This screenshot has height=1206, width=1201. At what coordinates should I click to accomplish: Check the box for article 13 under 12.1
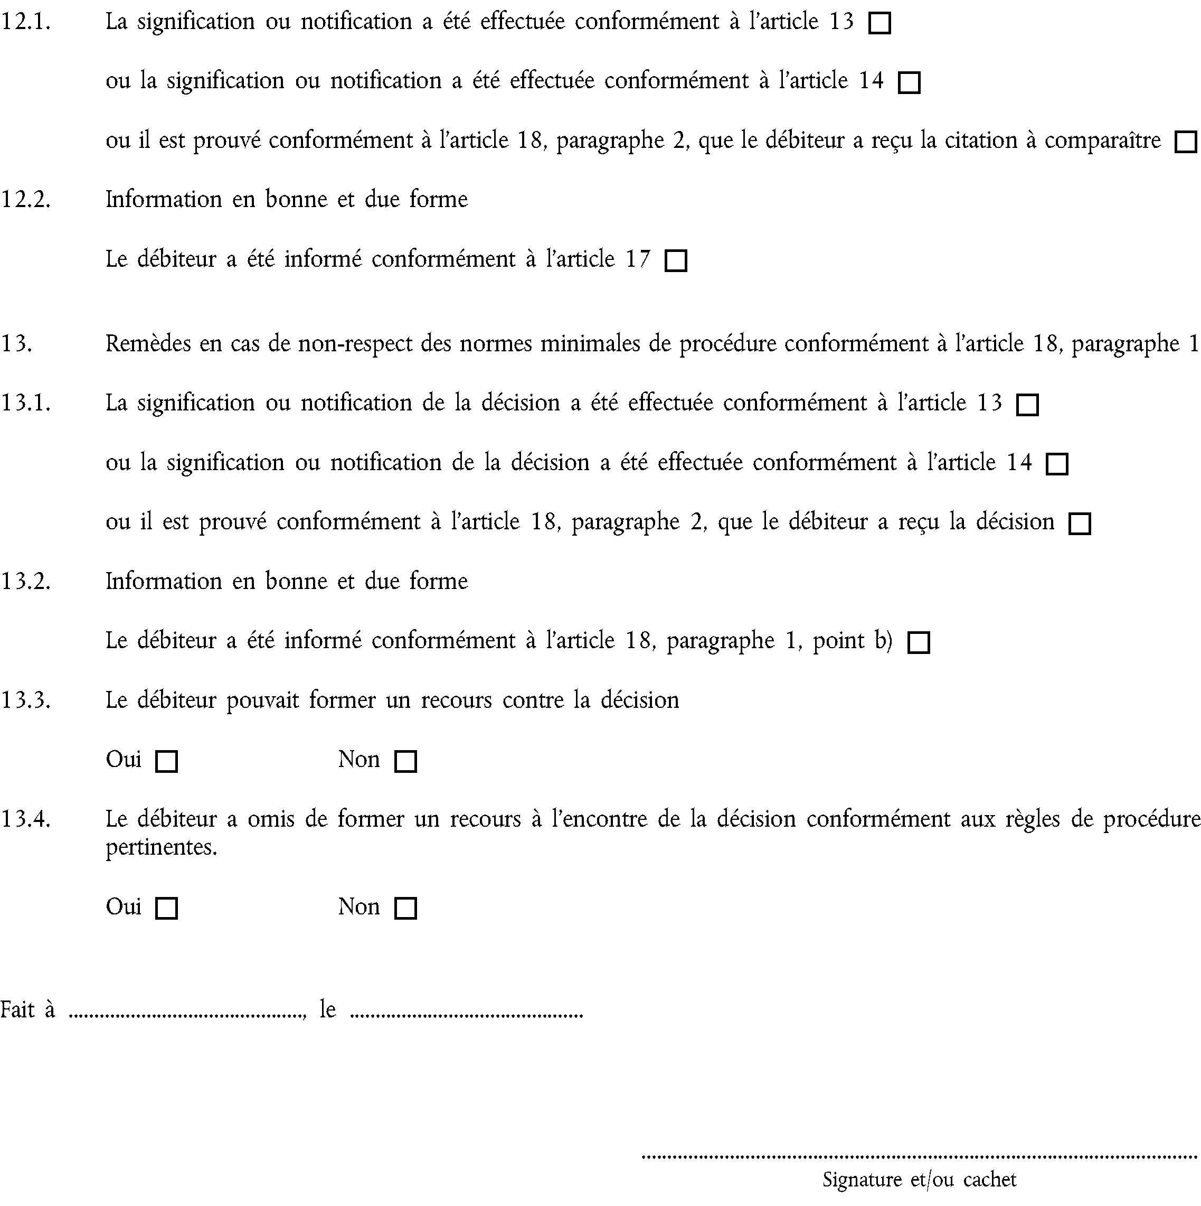click(x=880, y=24)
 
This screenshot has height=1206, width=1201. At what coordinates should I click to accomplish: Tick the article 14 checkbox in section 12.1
click(x=909, y=83)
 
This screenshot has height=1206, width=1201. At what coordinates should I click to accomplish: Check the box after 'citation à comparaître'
click(x=1185, y=142)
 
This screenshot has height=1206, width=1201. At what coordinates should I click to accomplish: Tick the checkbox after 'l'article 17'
click(x=676, y=261)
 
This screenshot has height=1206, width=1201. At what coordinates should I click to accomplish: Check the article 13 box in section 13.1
click(x=1027, y=405)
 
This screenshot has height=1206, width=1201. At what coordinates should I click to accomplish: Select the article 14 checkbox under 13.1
click(x=1057, y=464)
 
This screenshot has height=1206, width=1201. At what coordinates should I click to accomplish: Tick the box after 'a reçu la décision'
click(x=1080, y=523)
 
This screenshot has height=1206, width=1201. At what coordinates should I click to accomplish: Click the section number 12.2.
click(x=25, y=200)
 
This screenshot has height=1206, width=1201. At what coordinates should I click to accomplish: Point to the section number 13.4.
click(x=25, y=819)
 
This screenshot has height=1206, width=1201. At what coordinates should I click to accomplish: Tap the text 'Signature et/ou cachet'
click(x=920, y=1179)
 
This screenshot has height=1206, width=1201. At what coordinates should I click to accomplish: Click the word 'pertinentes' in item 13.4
click(x=160, y=847)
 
